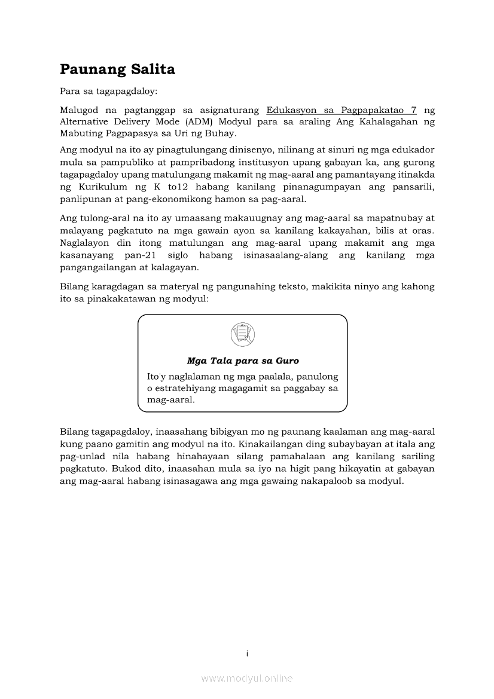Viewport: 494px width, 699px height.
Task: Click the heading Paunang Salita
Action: coord(117,69)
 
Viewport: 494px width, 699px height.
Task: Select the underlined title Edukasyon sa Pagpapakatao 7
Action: coord(341,110)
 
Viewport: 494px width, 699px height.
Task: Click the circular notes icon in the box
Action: coord(242,334)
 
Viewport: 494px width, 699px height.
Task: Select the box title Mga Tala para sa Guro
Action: coord(243,361)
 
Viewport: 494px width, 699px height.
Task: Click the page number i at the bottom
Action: coord(247,653)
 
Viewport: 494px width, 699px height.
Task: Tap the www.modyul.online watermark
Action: coord(247,678)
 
